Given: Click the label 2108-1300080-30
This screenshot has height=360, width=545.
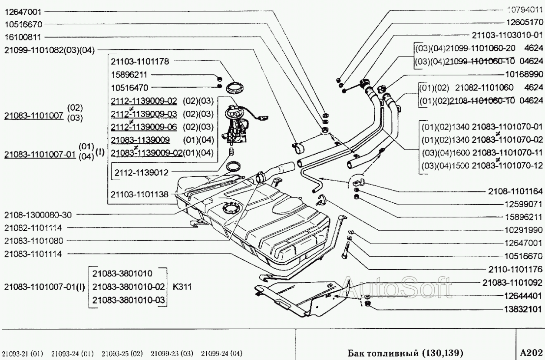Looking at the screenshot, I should (x=38, y=215).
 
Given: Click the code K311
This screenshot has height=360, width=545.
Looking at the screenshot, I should (x=183, y=287).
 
